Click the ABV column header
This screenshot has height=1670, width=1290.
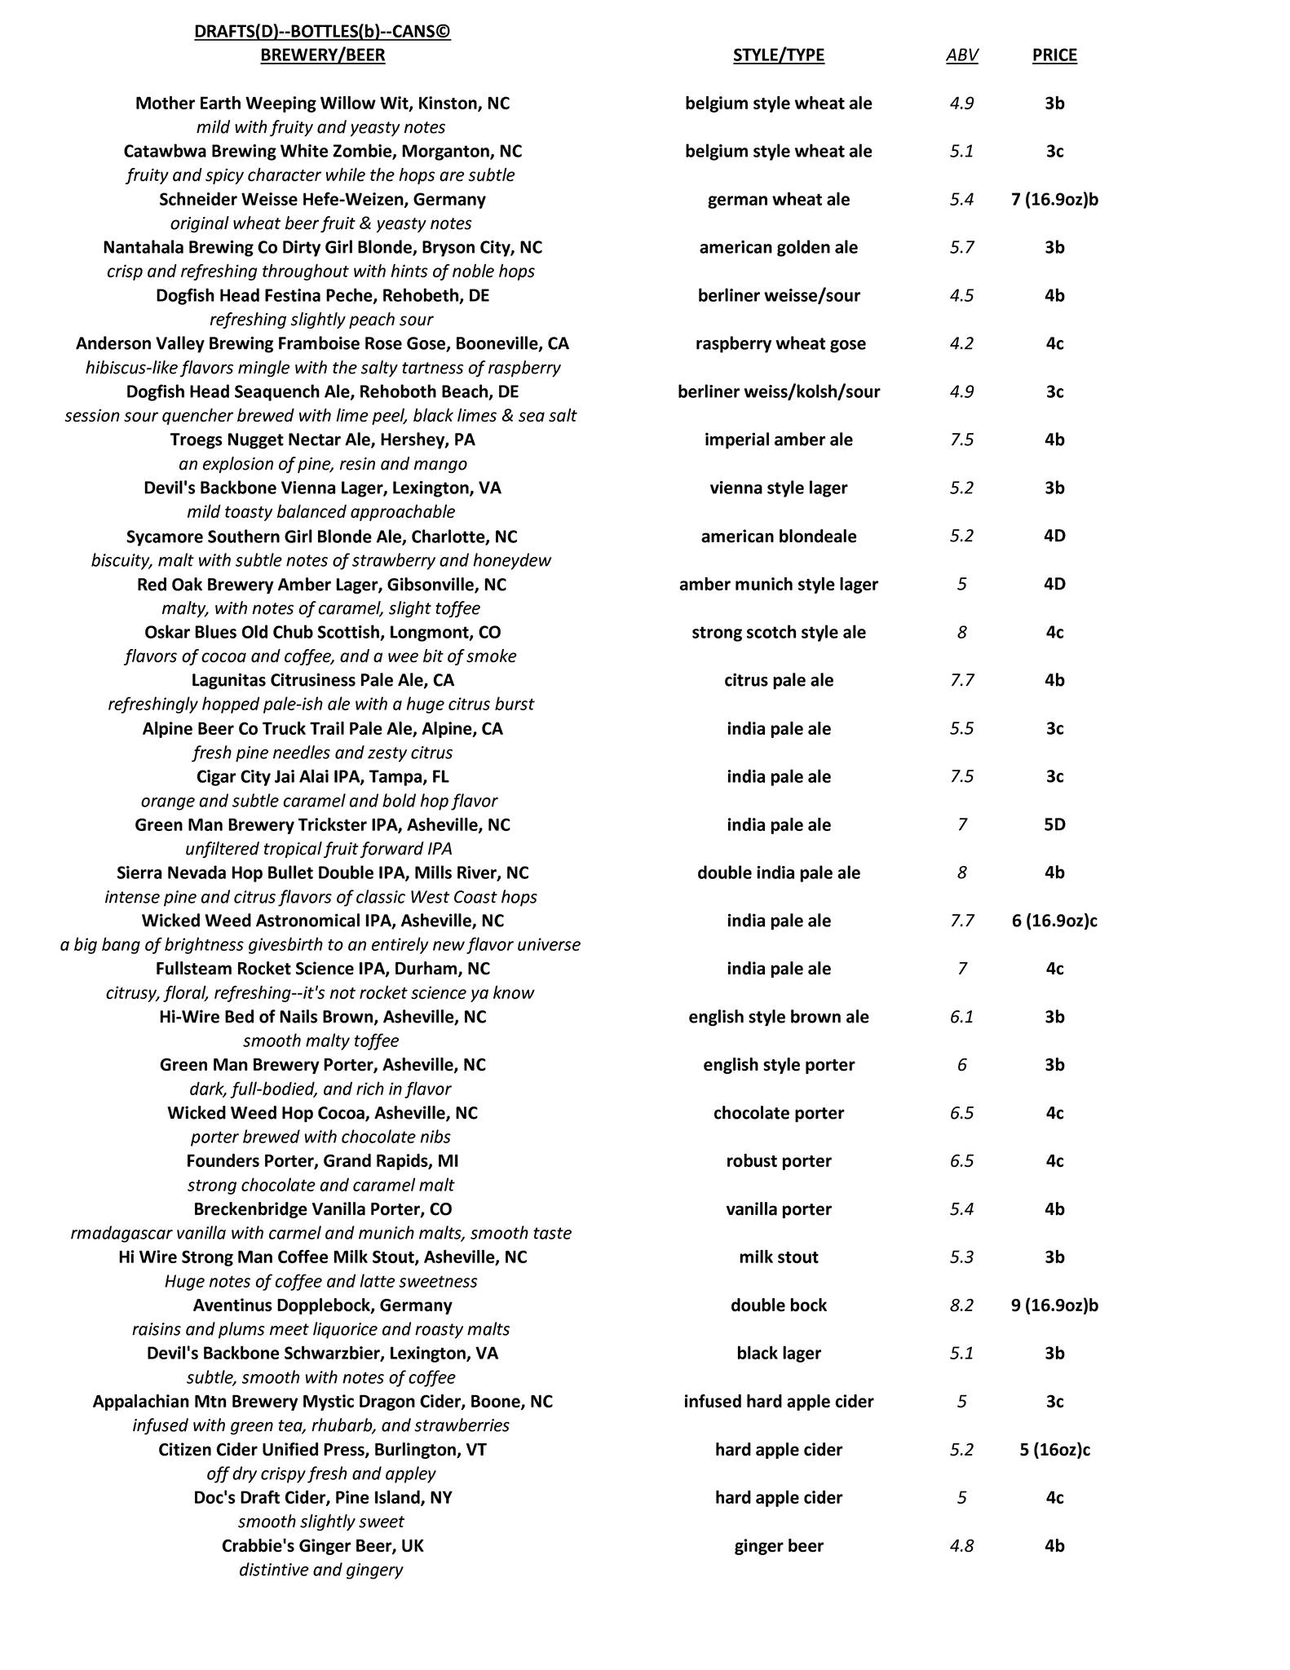pos(961,55)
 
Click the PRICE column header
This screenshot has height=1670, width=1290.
pos(1054,55)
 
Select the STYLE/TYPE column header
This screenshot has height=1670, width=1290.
pos(778,55)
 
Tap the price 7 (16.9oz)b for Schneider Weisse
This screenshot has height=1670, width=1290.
pos(1054,200)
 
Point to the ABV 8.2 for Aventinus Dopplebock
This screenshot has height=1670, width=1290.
pos(961,1306)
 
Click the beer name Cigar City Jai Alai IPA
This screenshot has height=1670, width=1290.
pos(322,776)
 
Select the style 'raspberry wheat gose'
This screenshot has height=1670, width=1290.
pos(778,343)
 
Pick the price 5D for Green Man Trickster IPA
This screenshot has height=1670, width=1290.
pos(1054,824)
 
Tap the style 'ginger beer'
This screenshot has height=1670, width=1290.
pos(778,1546)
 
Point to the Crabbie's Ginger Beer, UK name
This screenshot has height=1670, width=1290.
pos(322,1546)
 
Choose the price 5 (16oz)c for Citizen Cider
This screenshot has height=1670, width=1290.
pos(1054,1450)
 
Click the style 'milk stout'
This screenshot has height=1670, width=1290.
pos(778,1257)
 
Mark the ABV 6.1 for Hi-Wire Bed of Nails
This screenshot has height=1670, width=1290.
pos(961,1017)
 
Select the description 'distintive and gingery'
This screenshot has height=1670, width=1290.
pos(320,1570)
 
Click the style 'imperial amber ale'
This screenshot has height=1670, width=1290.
pos(778,440)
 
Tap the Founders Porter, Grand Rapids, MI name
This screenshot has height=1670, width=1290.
pos(322,1161)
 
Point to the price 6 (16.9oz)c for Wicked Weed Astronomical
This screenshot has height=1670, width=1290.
pos(1054,921)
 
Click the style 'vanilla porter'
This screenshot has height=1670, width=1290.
pos(778,1209)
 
